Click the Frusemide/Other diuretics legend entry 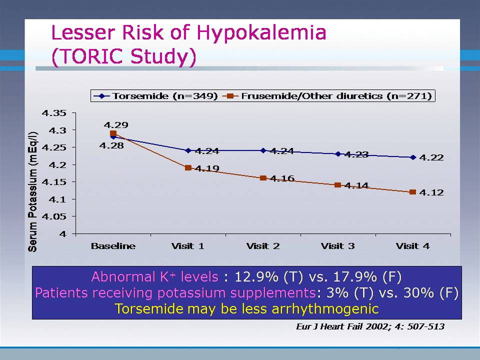329,95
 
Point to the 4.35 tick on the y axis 54,113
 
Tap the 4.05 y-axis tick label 54,216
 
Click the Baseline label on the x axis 113,246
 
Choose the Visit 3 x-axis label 337,246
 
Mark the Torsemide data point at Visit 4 413,157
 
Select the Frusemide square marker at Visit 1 188,168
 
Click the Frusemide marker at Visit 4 413,192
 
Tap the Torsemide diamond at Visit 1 188,150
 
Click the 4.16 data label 282,178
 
